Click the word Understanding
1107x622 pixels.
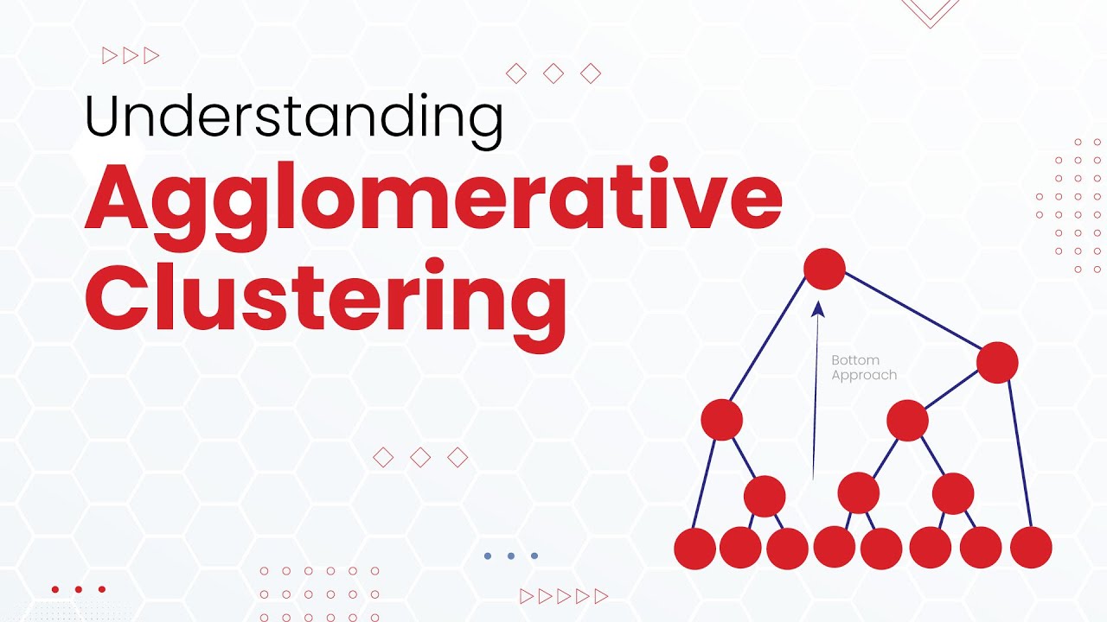[294, 118]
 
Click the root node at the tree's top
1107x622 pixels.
[824, 269]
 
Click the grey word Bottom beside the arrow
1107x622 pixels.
[854, 360]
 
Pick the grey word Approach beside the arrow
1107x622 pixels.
[864, 375]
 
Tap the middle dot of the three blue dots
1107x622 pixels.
[511, 555]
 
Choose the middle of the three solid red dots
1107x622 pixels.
[79, 589]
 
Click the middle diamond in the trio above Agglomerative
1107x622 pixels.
[553, 74]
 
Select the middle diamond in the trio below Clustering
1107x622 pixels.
[420, 457]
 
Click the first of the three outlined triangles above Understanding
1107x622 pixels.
[110, 56]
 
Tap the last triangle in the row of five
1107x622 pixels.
[602, 595]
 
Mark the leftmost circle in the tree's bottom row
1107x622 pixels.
[694, 548]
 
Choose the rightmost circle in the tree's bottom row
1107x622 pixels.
[1031, 547]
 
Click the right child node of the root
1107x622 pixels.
[997, 363]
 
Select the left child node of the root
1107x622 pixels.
[722, 420]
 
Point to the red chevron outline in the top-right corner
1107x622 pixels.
[931, 10]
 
